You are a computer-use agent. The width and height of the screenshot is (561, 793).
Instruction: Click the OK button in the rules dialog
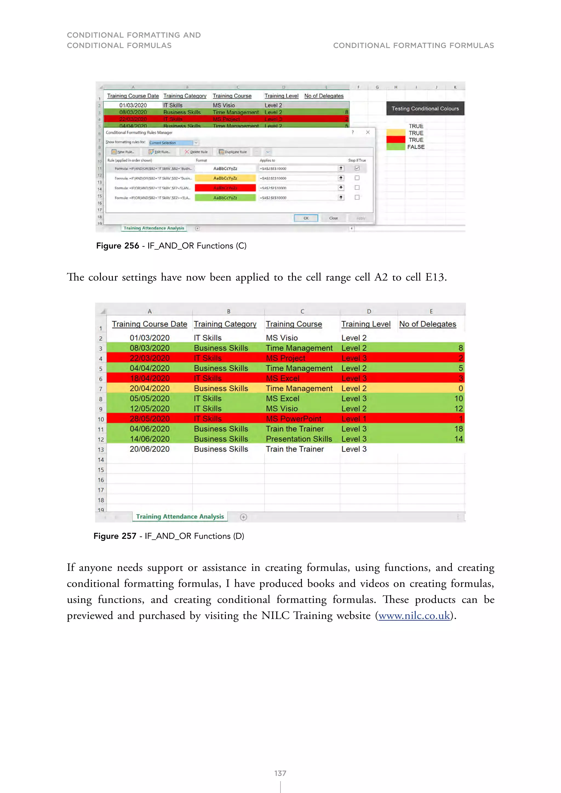(306, 218)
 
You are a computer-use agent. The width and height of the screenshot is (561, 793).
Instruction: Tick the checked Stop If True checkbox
(357, 168)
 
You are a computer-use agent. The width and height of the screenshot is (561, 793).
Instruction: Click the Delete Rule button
(196, 152)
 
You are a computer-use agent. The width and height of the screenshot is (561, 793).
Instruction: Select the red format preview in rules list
(225, 188)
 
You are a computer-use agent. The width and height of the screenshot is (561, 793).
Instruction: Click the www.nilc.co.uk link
(414, 616)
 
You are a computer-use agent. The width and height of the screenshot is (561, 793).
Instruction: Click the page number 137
(280, 773)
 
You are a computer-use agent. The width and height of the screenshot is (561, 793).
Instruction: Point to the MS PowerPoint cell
(294, 419)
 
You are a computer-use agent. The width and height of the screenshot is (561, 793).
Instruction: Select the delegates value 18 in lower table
(458, 429)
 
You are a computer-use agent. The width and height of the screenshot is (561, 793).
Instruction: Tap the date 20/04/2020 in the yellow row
(150, 388)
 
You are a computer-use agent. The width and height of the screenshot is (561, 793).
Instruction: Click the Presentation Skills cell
(299, 439)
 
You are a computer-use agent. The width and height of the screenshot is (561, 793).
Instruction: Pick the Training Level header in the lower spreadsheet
(366, 324)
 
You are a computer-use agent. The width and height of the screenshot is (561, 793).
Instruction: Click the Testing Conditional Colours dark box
(425, 108)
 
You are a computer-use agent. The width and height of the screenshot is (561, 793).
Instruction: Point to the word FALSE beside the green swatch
(416, 147)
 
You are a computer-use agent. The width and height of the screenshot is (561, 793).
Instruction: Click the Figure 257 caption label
(115, 536)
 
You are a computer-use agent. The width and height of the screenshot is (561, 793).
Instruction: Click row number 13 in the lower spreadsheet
(101, 450)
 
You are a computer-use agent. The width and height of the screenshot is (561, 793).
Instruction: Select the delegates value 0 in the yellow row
(460, 388)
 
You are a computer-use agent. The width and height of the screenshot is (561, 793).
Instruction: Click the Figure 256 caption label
(118, 246)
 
